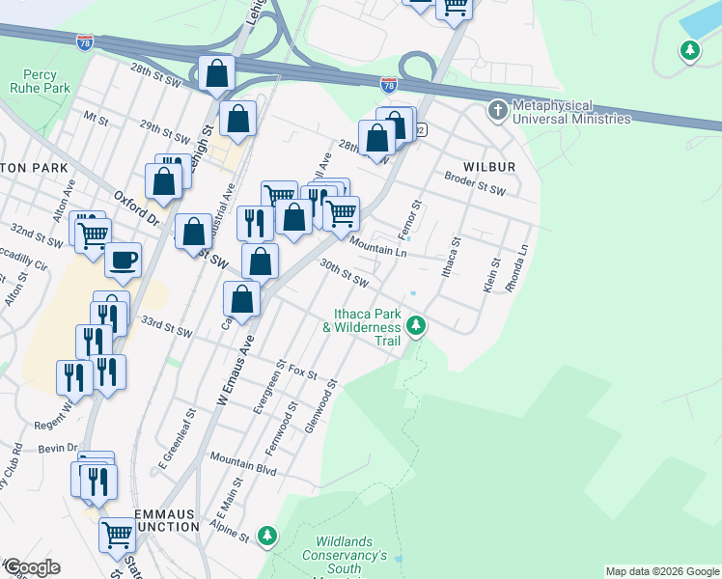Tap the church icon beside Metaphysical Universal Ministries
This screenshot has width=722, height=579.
[x=498, y=110]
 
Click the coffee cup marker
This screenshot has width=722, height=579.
[x=123, y=260]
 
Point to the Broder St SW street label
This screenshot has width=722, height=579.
[x=475, y=183]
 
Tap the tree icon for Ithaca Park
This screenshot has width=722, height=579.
[x=416, y=326]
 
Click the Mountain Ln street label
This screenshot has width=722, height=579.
[x=378, y=247]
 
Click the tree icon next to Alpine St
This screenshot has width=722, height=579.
[x=268, y=535]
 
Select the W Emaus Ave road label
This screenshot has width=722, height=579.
[x=232, y=373]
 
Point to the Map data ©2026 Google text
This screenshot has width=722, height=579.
[x=662, y=571]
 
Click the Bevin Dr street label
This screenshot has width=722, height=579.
[x=59, y=448]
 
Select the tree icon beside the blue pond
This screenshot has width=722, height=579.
[x=689, y=49]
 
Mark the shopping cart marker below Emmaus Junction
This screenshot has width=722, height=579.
[x=117, y=533]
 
